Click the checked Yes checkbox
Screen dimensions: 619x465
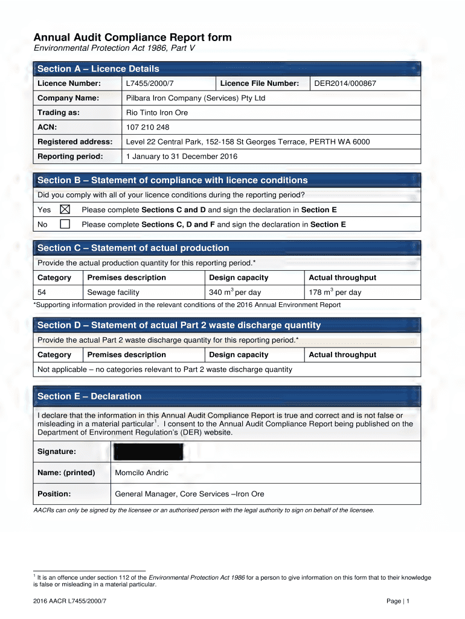pyautogui.click(x=65, y=210)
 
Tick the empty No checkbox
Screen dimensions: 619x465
pyautogui.click(x=65, y=224)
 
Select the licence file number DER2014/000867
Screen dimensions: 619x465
pyautogui.click(x=345, y=83)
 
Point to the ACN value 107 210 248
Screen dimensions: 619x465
pyautogui.click(x=147, y=128)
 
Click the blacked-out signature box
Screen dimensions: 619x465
pyautogui.click(x=148, y=452)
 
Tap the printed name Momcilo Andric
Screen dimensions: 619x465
pyautogui.click(x=141, y=473)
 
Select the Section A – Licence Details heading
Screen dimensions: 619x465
pyautogui.click(x=98, y=69)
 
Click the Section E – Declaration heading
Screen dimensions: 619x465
pyautogui.click(x=89, y=397)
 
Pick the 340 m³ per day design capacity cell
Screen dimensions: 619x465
pyautogui.click(x=235, y=293)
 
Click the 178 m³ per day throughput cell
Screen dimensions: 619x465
pyautogui.click(x=335, y=293)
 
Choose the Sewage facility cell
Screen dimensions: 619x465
pyautogui.click(x=113, y=293)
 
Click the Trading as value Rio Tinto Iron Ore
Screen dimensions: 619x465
pyautogui.click(x=156, y=113)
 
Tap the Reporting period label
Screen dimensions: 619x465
pyautogui.click(x=70, y=157)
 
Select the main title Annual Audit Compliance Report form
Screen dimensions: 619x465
pyautogui.click(x=132, y=37)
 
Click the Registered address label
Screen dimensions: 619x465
pyautogui.click(x=75, y=142)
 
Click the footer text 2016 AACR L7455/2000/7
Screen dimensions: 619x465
pyautogui.click(x=71, y=601)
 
